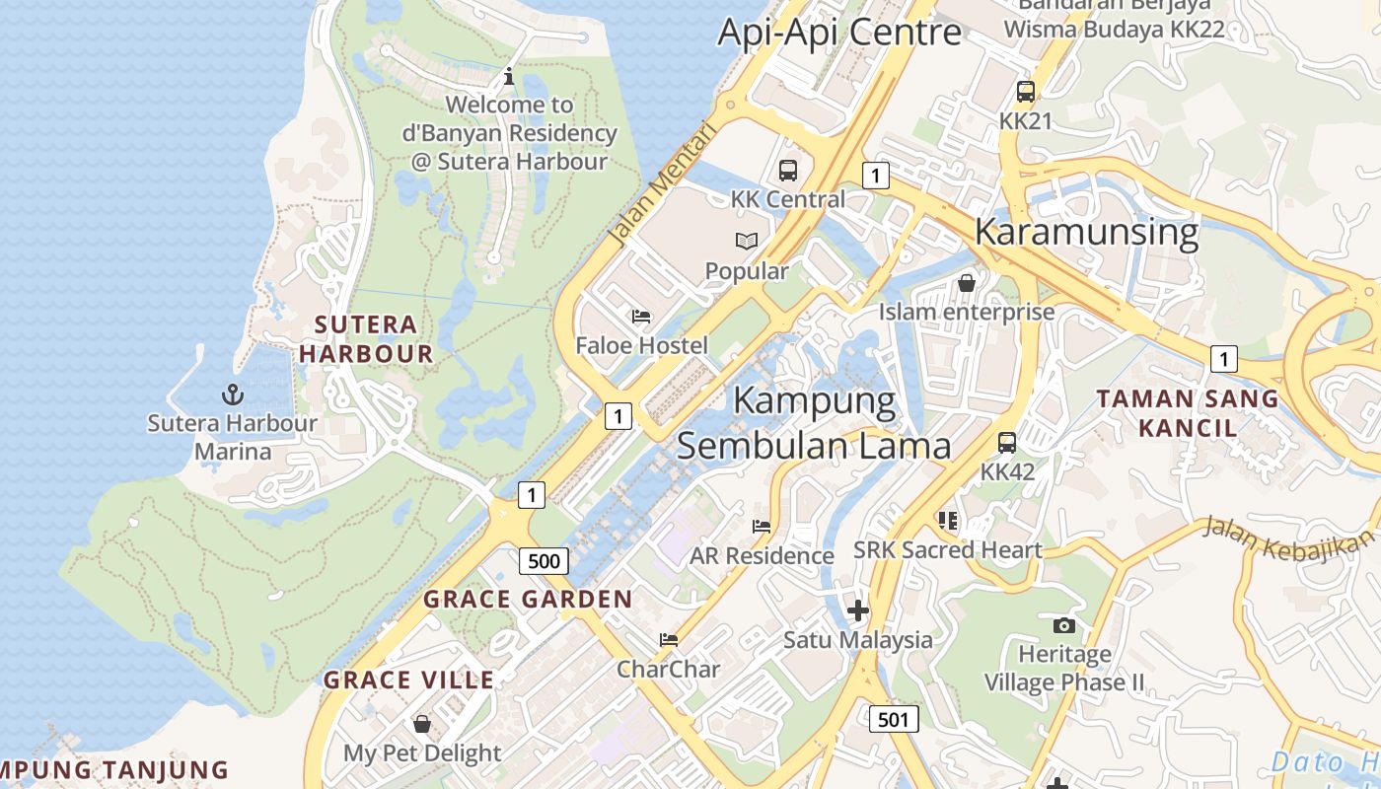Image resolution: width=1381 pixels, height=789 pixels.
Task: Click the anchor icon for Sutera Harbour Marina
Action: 232,395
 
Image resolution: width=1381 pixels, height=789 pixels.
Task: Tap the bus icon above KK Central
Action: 787,171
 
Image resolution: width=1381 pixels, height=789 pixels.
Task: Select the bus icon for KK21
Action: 1026,92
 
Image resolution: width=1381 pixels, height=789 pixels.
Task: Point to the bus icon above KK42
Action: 1006,443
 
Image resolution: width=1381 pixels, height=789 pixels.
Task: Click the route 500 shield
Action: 544,561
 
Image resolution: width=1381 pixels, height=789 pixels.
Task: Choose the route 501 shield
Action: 893,719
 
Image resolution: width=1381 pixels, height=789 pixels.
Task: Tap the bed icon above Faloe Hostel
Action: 641,317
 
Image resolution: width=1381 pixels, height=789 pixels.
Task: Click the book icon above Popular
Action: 747,241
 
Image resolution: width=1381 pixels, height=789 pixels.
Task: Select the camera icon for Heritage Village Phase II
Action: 1063,625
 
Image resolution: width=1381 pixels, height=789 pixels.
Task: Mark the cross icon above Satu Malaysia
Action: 857,610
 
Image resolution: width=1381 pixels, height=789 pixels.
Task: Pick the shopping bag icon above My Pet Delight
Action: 421,724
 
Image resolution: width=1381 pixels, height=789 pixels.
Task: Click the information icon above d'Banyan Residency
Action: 509,75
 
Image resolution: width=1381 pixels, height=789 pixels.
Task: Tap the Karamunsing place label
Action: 1086,232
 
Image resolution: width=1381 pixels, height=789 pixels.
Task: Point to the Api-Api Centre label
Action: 838,33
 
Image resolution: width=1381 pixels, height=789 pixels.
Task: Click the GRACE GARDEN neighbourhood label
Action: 528,599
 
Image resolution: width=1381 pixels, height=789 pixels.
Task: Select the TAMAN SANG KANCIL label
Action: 1188,413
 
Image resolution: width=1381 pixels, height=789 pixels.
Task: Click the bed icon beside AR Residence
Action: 762,527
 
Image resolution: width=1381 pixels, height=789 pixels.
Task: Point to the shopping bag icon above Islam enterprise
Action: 966,283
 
